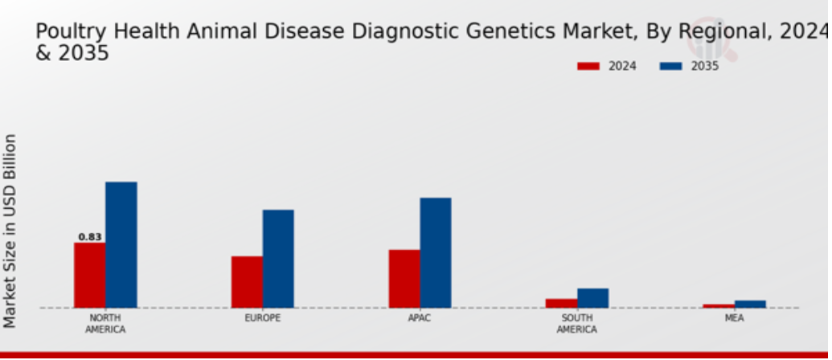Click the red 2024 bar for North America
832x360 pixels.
tap(90, 275)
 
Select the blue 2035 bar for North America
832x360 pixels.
tap(121, 245)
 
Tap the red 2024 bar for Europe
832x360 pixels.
tap(247, 282)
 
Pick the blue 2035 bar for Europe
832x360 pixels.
tap(278, 259)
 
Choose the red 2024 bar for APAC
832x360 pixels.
tap(404, 279)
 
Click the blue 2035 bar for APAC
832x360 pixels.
tap(436, 253)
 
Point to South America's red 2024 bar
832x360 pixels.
tap(561, 303)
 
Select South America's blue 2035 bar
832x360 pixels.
tap(592, 298)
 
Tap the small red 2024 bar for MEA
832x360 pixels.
tap(719, 306)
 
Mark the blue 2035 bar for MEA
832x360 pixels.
tap(750, 305)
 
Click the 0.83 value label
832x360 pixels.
tap(90, 237)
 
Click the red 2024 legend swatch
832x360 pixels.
tap(588, 66)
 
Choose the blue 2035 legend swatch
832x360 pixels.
tap(670, 66)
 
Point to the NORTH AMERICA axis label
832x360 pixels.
tap(105, 324)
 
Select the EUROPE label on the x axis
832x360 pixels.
tap(263, 318)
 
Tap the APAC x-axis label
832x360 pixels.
tap(420, 318)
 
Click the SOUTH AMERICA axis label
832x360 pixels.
tap(577, 324)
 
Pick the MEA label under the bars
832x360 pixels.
tap(735, 318)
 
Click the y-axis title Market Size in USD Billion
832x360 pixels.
tap(10, 231)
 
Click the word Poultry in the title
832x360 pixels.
tap(71, 32)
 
